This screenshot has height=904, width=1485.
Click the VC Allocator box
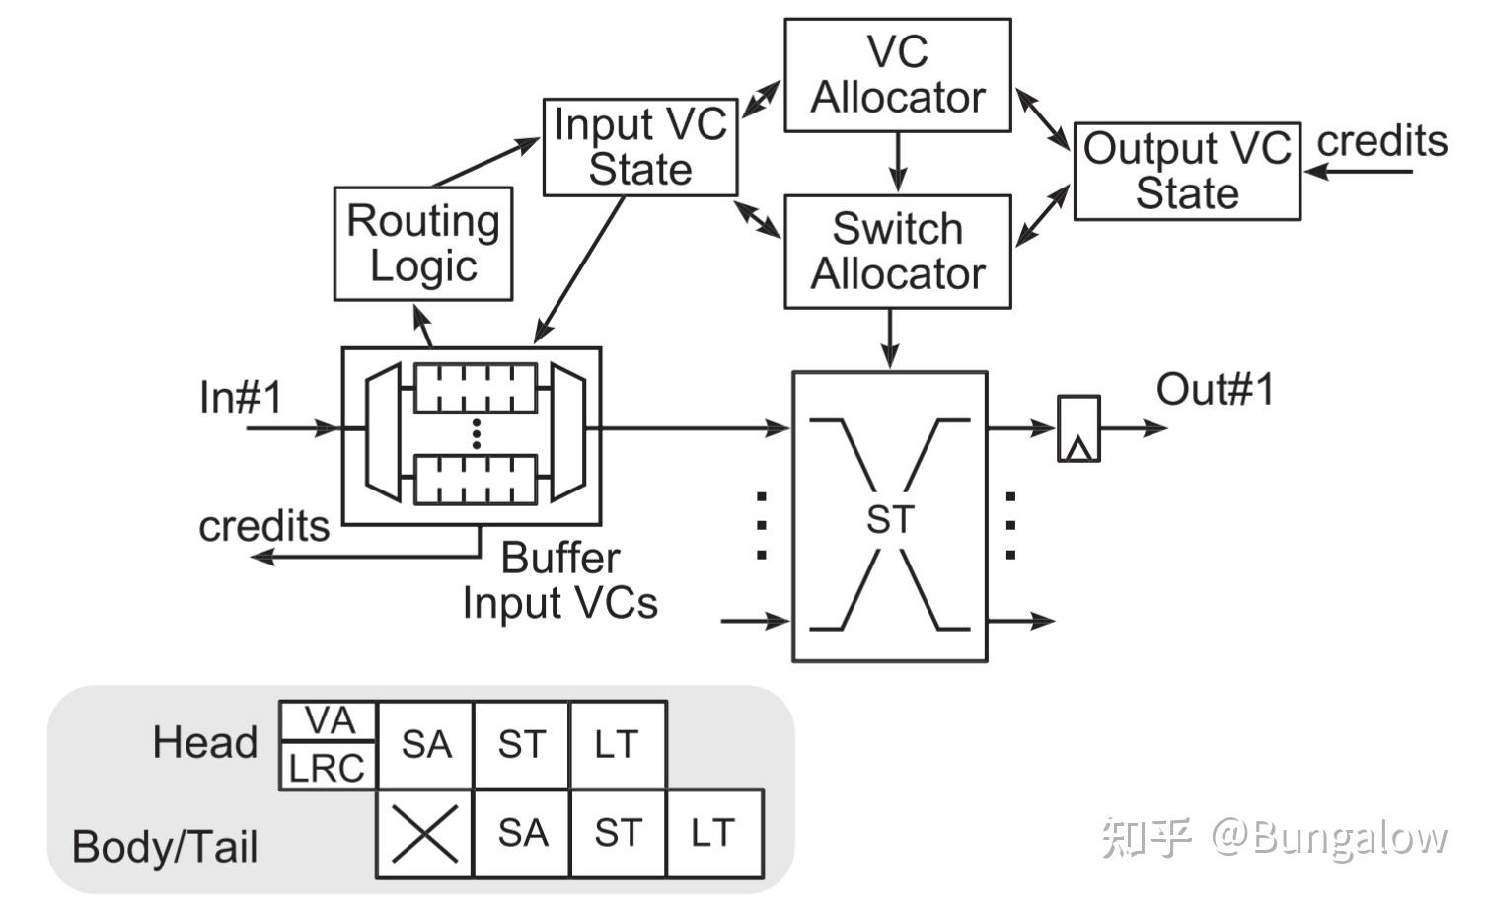[x=897, y=75]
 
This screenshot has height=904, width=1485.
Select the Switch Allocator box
[x=897, y=252]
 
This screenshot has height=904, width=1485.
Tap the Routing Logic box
[x=423, y=244]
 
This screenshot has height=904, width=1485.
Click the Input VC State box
[x=639, y=147]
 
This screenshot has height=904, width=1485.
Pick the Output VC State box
[x=1186, y=171]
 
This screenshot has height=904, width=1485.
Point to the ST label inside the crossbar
[x=890, y=520]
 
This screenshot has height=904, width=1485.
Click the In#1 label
[x=241, y=398]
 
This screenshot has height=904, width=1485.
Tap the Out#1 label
[x=1215, y=390]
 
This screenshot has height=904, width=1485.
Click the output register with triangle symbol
[x=1078, y=429]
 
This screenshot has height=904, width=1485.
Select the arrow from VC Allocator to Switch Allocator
[x=897, y=161]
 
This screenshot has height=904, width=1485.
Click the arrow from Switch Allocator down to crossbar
[x=891, y=339]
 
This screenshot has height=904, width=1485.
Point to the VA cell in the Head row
[x=329, y=721]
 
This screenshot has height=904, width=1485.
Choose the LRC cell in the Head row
[x=328, y=767]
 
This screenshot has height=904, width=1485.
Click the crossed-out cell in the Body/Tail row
[x=424, y=834]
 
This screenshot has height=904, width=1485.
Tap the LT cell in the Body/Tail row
[x=713, y=834]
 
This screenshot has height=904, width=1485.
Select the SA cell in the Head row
[x=425, y=745]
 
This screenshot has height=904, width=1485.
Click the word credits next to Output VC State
[x=1381, y=141]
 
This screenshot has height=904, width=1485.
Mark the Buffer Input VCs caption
[x=560, y=580]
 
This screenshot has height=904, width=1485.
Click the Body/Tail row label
[x=165, y=847]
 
